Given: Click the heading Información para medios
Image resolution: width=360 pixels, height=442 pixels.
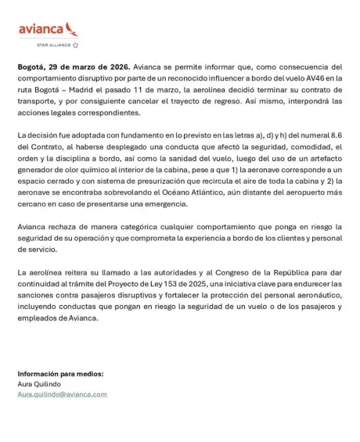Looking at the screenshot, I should [x=59, y=374].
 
